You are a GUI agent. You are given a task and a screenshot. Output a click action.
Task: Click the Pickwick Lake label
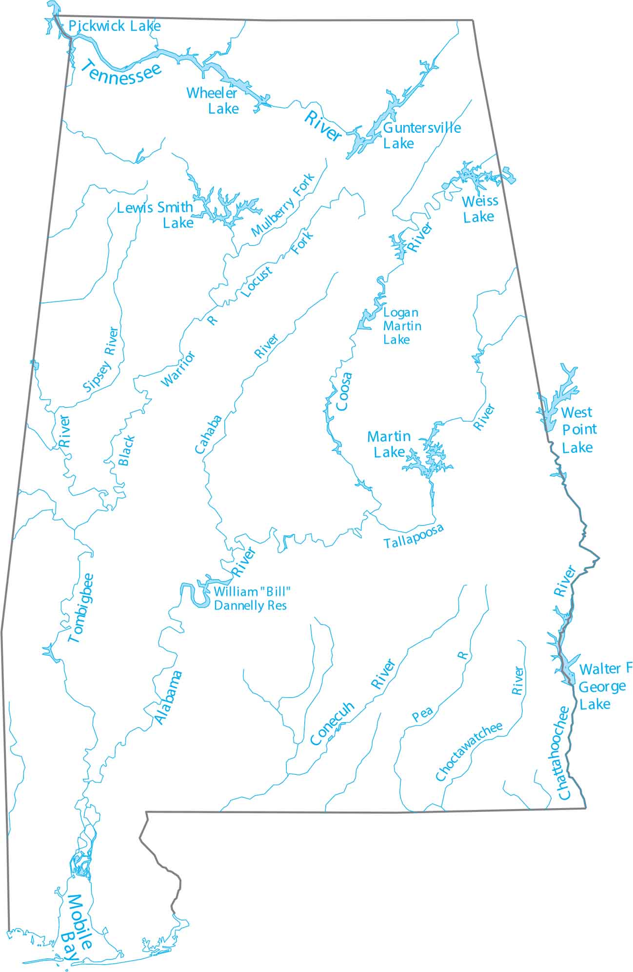[114, 26]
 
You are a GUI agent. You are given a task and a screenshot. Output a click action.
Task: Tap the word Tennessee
[120, 71]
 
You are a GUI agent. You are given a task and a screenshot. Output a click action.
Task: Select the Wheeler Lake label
[213, 100]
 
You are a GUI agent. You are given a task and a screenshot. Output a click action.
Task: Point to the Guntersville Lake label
[421, 135]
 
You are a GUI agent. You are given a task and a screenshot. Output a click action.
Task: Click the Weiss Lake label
[479, 208]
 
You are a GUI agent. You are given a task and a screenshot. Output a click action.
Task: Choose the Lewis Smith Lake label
[156, 215]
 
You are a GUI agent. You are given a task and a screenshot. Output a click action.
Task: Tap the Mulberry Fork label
[283, 205]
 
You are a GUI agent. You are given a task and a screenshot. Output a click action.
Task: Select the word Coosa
[344, 391]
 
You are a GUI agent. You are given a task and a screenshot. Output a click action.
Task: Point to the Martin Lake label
[389, 444]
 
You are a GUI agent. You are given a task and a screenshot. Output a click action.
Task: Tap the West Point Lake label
[578, 430]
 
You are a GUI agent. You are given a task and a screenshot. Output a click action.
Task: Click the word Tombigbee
[81, 608]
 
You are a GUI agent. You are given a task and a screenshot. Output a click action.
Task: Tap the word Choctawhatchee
[469, 751]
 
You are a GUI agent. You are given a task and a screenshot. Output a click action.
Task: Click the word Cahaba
[208, 434]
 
